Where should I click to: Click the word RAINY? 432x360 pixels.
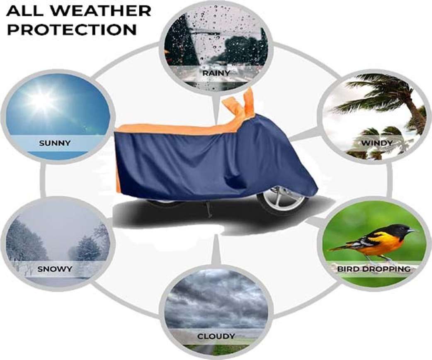pos(216,73)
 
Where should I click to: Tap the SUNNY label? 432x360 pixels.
pos(55,143)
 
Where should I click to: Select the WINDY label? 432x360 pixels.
pos(376,143)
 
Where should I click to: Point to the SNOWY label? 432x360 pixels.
pos(55,269)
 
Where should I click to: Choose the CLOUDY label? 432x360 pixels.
pos(216,336)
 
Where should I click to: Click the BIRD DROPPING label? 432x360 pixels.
pos(374,269)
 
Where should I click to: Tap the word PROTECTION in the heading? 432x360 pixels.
pos(72,29)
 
